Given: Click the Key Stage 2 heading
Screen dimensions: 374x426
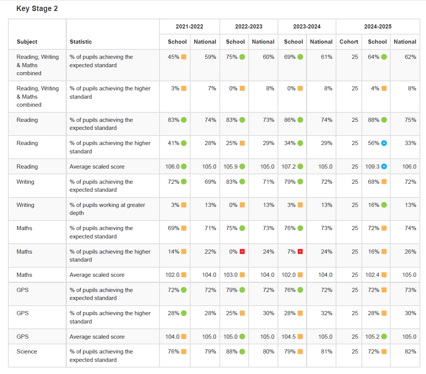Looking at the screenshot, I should click(37, 9).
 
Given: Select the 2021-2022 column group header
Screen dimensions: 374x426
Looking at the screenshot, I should click(189, 27).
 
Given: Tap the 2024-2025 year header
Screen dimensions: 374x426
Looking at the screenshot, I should click(378, 27).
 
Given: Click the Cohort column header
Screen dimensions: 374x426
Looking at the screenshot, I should click(349, 42).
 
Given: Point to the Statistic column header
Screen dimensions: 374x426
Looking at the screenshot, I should click(81, 42).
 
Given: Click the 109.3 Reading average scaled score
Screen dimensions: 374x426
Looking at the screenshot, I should click(372, 167).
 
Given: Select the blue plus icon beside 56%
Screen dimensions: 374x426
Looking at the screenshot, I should click(384, 143).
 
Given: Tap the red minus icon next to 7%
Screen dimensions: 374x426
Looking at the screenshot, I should click(300, 252).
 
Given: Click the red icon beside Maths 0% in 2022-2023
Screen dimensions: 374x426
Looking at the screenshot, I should click(242, 252).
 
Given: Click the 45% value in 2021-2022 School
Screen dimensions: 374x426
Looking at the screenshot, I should click(174, 57).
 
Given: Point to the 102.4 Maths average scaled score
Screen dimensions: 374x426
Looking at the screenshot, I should click(372, 275).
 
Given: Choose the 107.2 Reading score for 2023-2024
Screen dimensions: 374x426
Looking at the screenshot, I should click(290, 167).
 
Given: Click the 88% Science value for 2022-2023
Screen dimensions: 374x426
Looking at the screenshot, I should click(232, 352).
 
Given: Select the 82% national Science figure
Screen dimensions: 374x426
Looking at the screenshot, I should click(410, 352).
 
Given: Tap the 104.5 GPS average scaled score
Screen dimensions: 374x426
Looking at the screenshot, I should click(290, 337).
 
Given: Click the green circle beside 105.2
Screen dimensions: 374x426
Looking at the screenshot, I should click(384, 337).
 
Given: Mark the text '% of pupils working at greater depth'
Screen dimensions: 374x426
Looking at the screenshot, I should click(107, 209).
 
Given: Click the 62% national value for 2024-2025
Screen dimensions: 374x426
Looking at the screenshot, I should click(410, 57).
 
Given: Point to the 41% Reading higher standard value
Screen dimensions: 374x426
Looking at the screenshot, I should click(174, 143).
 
